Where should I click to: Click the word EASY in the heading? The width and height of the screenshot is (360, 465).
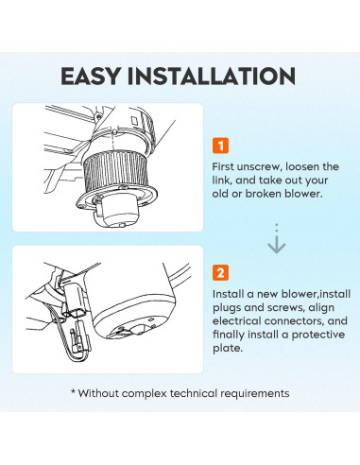(91, 76)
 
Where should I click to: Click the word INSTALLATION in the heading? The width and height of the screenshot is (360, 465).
(212, 76)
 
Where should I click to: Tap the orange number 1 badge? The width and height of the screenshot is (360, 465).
(220, 146)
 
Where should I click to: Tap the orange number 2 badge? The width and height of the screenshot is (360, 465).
(220, 272)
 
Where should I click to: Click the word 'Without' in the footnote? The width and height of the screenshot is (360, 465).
(98, 393)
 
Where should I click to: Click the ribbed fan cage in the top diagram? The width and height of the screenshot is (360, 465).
(114, 170)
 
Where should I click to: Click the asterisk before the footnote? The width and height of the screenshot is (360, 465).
(73, 392)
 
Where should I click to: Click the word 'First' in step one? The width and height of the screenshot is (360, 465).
(223, 166)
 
